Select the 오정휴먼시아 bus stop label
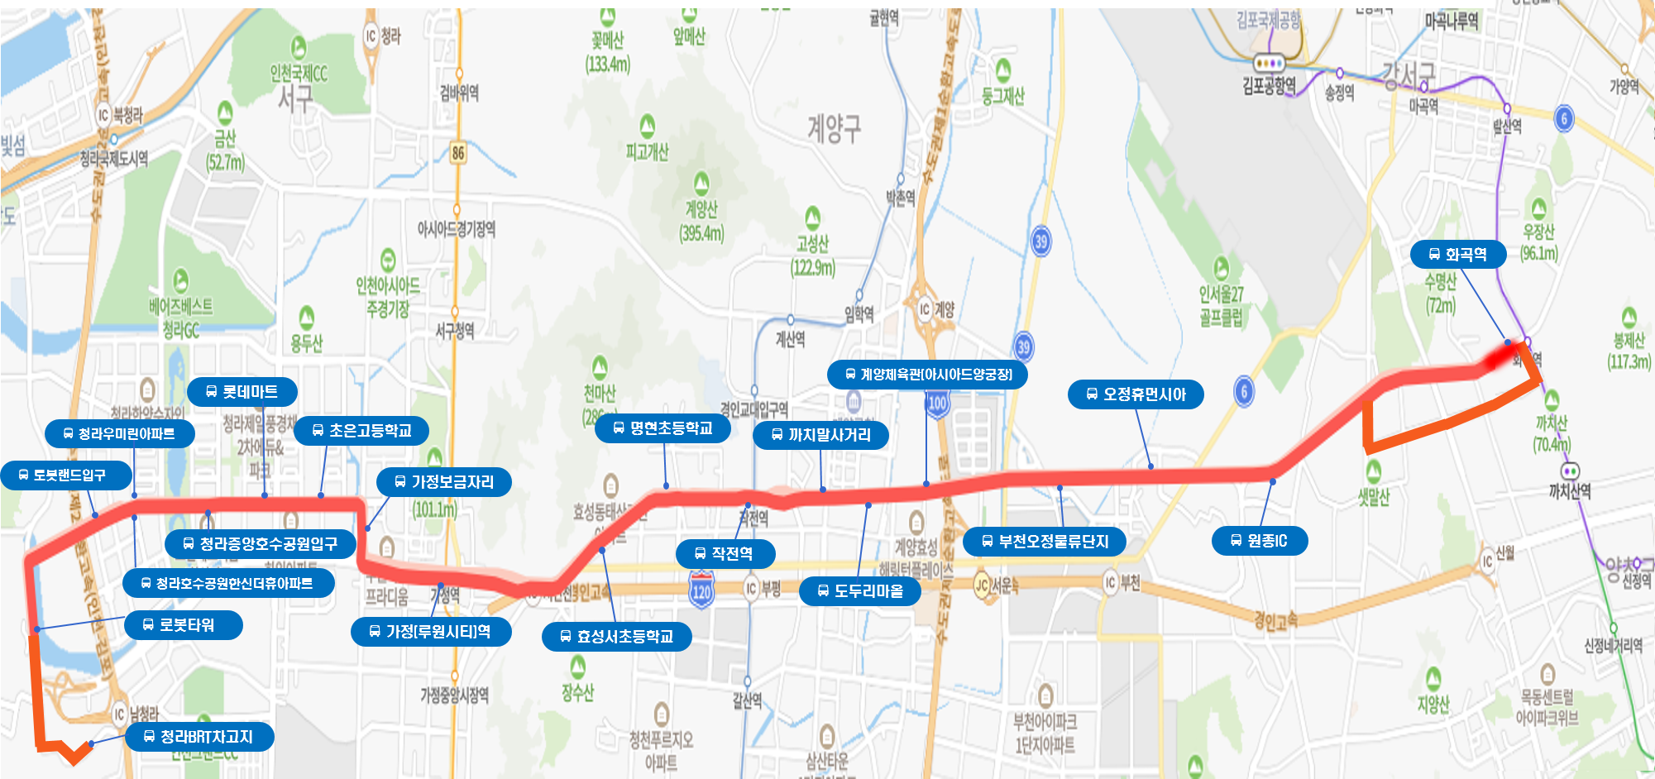click(x=1136, y=394)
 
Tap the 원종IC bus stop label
click(x=1260, y=541)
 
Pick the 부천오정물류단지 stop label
click(x=1045, y=542)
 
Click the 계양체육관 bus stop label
click(x=928, y=375)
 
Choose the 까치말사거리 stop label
click(x=821, y=435)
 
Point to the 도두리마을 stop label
click(x=860, y=591)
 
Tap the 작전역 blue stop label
click(x=725, y=553)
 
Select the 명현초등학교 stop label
click(x=663, y=428)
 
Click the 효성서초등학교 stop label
click(x=617, y=637)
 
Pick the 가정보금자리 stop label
click(x=444, y=482)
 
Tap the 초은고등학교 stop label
click(x=362, y=431)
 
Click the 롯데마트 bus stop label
click(x=242, y=392)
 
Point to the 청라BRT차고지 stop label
click(x=199, y=737)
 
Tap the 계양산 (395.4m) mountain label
click(x=701, y=219)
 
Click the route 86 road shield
click(x=458, y=152)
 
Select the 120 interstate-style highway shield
click(x=701, y=591)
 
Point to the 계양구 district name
click(x=834, y=128)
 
